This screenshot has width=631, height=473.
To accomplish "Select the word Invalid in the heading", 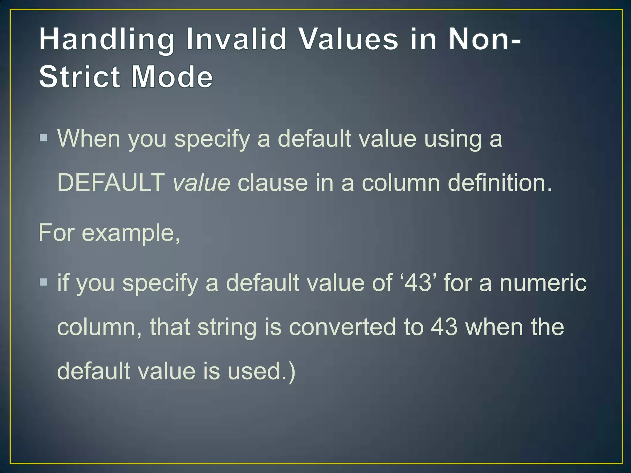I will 237,39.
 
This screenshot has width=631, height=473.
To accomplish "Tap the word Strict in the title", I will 79,77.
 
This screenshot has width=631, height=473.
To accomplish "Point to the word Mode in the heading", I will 172,77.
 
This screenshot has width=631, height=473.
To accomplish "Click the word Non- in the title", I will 485,39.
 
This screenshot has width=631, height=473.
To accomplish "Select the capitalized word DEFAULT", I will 111,183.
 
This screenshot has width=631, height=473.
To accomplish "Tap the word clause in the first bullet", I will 273,183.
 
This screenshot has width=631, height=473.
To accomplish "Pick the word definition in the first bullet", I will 499,183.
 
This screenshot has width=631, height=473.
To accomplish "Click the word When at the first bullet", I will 89,139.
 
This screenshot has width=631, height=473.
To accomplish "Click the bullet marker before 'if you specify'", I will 43,282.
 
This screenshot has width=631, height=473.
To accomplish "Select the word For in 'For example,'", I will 56,233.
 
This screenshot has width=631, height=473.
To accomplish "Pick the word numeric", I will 543,283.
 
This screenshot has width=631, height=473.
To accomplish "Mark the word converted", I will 342,327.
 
